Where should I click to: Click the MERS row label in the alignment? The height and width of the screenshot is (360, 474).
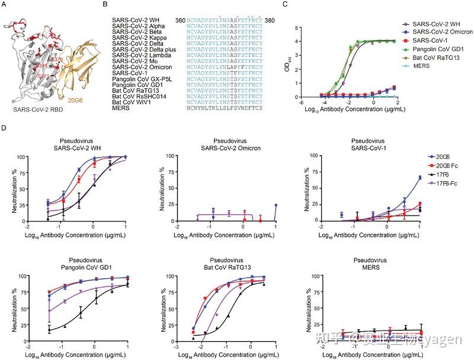click(120, 108)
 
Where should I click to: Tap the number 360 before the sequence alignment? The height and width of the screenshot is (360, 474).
click(180, 20)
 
